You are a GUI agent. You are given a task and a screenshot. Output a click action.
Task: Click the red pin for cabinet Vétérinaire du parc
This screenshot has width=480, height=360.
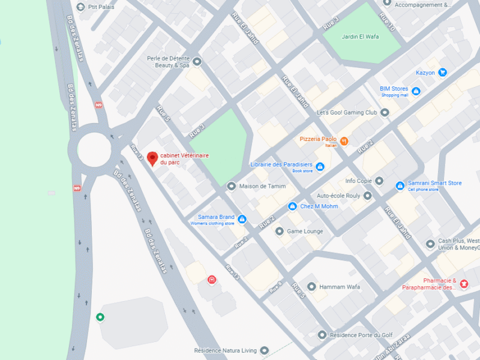tap(152, 158)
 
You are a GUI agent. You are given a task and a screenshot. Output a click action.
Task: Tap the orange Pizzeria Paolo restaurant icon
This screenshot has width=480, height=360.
tap(344, 142)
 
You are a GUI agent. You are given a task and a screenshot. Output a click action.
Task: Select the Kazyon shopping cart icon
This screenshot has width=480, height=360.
tap(443, 73)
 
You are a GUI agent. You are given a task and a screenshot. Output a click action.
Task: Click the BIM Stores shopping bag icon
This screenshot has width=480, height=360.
tap(416, 91)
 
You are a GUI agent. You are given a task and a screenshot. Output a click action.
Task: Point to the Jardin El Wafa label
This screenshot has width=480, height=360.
tap(358, 37)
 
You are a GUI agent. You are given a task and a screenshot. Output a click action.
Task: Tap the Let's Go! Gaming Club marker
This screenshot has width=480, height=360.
tap(385, 112)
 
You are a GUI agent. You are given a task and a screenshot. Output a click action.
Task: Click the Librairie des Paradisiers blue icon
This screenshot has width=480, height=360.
tap(320, 166)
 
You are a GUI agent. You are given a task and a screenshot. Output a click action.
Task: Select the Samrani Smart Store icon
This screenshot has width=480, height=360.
tap(400, 186)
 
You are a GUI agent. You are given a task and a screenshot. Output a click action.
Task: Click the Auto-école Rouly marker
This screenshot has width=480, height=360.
tap(368, 196)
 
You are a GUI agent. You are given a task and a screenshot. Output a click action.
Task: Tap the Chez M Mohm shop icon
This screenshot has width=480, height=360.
tap(292, 206)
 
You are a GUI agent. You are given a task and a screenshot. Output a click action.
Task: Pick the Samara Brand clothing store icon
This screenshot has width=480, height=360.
tap(242, 219)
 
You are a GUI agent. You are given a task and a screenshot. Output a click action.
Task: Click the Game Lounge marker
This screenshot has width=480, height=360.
tap(279, 231)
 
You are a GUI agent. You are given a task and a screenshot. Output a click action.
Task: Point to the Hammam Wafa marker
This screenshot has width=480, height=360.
tap(311, 287)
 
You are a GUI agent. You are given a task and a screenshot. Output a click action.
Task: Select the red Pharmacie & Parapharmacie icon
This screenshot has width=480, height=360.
tap(464, 283)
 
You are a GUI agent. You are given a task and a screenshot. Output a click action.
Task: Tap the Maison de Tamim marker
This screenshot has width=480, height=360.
tap(231, 186)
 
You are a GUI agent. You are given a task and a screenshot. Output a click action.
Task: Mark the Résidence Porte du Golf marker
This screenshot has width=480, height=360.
tap(322, 335)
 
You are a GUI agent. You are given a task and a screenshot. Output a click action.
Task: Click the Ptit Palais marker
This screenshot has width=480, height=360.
tap(81, 7)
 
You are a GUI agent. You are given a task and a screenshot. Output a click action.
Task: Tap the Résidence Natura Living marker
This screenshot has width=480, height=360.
tap(265, 350)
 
